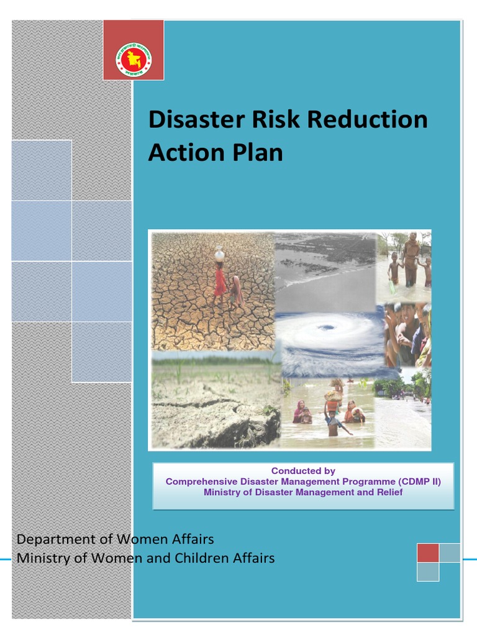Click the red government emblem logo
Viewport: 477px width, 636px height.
(x=134, y=60)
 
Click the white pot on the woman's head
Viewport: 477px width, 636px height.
(x=219, y=253)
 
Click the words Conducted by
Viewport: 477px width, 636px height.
(x=303, y=471)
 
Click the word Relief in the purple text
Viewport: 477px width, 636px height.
(x=388, y=493)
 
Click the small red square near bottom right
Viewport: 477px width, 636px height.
(x=428, y=553)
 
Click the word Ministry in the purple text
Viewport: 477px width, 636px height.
(x=221, y=493)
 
